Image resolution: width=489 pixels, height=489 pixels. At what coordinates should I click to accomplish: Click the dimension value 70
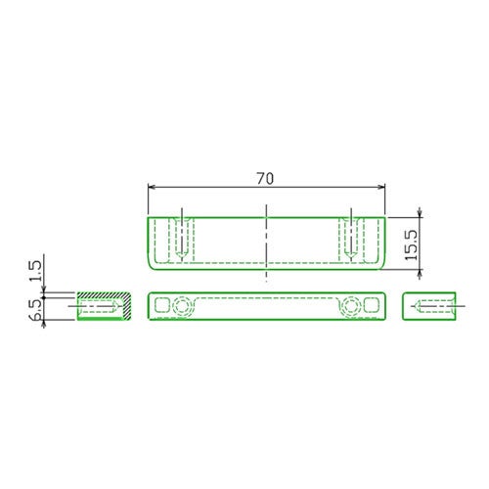point(265,179)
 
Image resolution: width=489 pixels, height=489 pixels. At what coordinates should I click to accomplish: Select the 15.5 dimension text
point(412,244)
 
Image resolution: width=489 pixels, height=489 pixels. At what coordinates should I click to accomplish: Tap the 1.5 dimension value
point(36,271)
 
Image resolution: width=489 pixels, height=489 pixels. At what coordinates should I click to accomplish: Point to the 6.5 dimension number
point(36,310)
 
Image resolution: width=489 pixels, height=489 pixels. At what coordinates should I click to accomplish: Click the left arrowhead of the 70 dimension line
point(153,187)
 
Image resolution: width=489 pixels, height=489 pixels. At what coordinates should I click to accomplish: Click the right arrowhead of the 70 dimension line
point(380,187)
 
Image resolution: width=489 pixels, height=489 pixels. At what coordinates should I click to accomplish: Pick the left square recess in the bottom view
point(162,305)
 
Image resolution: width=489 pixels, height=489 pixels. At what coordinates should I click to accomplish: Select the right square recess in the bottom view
point(372,305)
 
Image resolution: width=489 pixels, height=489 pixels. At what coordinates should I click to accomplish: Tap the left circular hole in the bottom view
point(182,306)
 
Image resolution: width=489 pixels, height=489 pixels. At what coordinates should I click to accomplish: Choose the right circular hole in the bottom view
point(351,306)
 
